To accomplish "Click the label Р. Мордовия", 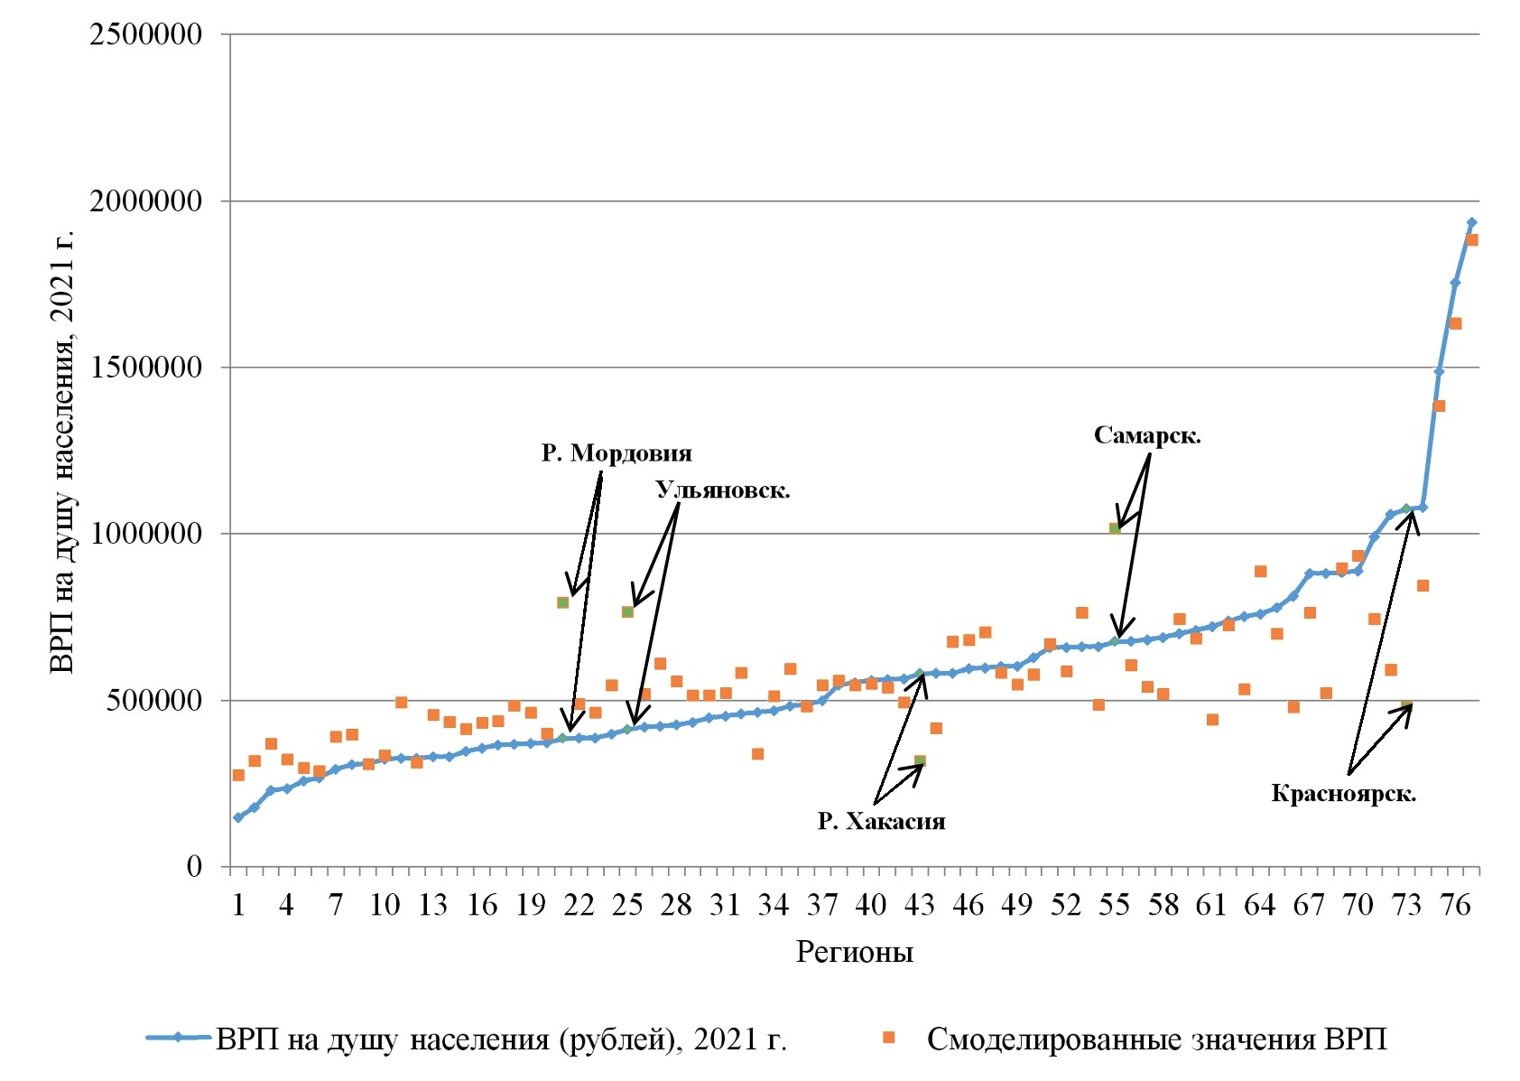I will pos(616,452).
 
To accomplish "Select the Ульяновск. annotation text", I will pos(722,490).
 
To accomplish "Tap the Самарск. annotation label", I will pos(1146,435).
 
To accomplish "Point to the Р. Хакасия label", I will pos(881,821).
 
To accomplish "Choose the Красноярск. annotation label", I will pos(1343,794).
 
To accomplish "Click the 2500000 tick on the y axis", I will pos(145,35).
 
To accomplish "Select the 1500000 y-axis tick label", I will pos(145,368).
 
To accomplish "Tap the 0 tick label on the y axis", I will pos(194,867).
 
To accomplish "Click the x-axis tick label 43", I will pos(919,904).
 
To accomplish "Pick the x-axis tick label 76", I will pos(1455,904).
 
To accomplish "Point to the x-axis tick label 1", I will pos(238,904).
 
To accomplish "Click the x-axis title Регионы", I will pos(854,952).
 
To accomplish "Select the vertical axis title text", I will pos(62,452).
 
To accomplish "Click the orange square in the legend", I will pos(888,1039).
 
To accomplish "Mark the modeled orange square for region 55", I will pos(1115,528).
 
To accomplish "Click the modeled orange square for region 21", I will pos(562,602).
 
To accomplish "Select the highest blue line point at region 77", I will pos(1471,222).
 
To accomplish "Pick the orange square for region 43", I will pos(920,761).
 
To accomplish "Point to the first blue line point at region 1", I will pos(238,817).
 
